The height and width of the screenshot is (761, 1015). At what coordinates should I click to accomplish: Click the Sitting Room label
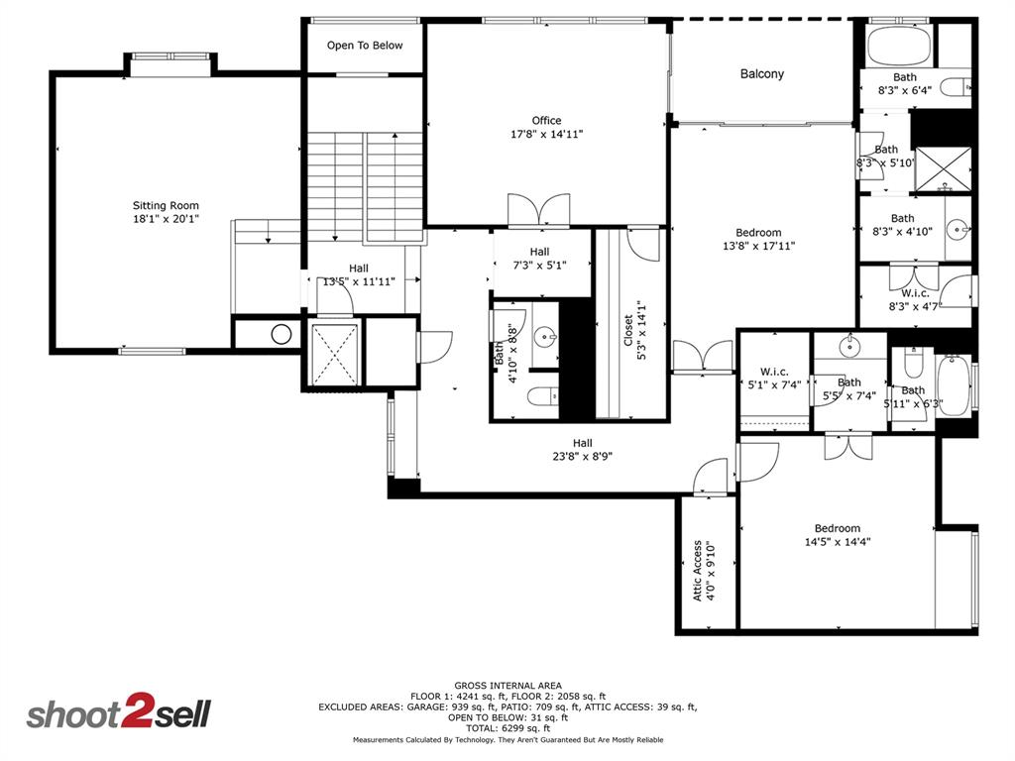point(167,206)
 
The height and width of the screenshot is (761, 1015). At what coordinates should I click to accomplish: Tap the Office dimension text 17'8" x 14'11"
point(546,134)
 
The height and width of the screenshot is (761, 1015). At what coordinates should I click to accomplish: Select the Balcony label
point(761,73)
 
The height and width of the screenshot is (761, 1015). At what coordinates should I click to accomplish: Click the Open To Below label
point(365,46)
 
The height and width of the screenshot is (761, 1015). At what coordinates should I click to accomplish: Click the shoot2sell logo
point(118,714)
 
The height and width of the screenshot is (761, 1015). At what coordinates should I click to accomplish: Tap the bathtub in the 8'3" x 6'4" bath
point(898,46)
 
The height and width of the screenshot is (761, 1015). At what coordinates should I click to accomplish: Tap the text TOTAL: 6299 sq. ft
point(507,728)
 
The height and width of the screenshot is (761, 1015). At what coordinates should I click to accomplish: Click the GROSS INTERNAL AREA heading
point(507,686)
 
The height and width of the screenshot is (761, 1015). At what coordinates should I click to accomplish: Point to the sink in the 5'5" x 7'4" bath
point(848,346)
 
